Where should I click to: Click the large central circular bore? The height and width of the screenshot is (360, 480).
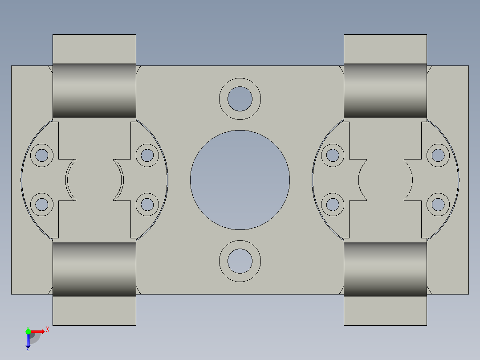tap(240, 180)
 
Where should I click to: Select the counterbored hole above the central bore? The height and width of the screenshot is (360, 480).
tap(240, 99)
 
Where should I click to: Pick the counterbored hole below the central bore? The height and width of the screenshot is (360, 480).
tap(240, 261)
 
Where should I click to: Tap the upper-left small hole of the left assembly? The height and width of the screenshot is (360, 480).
tap(42, 155)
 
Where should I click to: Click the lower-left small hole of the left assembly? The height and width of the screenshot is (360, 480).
tap(42, 205)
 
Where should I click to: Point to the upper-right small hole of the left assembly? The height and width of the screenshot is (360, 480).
tap(147, 155)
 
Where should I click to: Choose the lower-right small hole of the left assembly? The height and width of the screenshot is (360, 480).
tap(147, 205)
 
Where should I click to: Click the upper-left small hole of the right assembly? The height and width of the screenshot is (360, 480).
tap(333, 155)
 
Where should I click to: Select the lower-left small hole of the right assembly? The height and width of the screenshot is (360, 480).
tap(333, 205)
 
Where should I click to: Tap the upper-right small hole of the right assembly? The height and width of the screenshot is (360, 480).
tap(438, 155)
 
